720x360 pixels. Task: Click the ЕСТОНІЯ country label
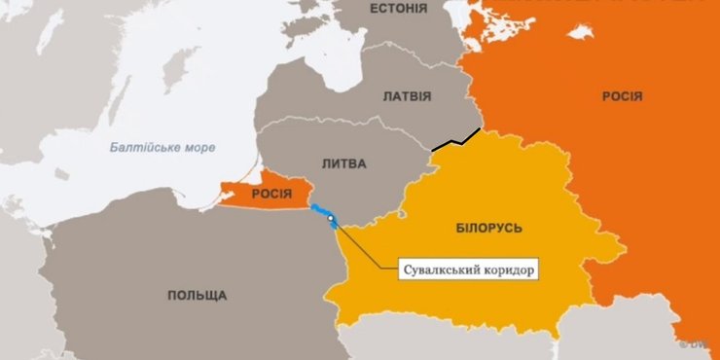pos(398,9)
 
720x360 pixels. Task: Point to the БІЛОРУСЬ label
pos(488,228)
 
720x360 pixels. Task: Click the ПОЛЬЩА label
pos(197,295)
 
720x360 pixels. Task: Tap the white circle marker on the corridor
pos(332,219)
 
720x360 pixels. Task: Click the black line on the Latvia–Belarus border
pos(457,140)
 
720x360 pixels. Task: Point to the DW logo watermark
pos(700,342)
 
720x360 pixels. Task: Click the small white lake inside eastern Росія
pos(581,32)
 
